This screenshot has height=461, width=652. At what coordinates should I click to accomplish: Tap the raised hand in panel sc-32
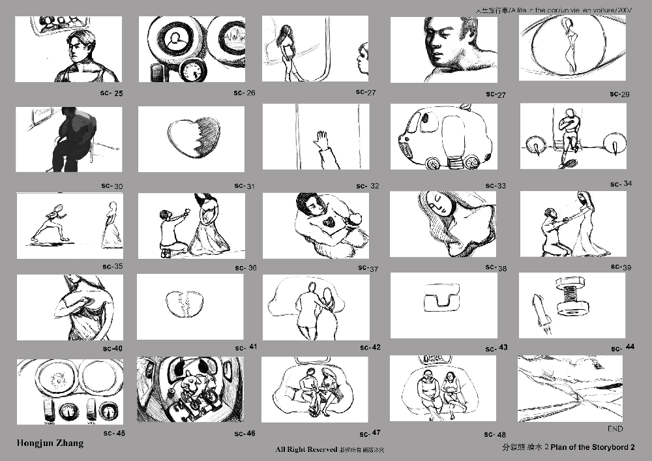pyautogui.click(x=321, y=141)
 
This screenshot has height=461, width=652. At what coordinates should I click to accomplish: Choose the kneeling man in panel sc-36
pyautogui.click(x=173, y=231)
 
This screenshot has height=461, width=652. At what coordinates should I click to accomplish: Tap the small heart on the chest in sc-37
pyautogui.click(x=331, y=222)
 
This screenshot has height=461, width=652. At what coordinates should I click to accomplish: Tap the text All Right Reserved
pyautogui.click(x=306, y=450)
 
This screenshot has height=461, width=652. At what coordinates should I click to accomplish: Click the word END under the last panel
pyautogui.click(x=615, y=430)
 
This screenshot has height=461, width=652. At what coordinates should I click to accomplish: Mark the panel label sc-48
pyautogui.click(x=496, y=434)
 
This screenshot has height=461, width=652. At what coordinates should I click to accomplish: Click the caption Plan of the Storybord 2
pyautogui.click(x=594, y=448)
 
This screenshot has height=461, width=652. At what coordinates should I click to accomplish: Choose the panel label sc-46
pyautogui.click(x=244, y=434)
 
